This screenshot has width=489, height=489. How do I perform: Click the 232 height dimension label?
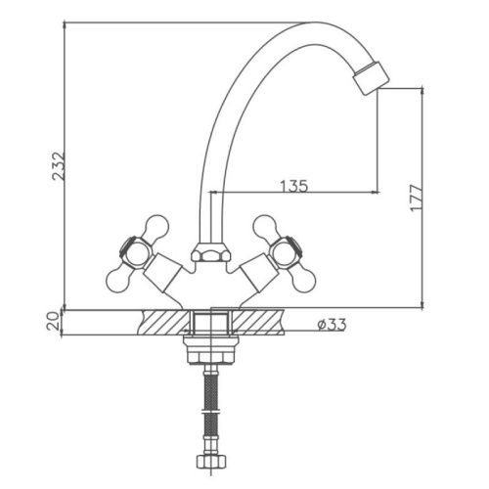[x=60, y=165]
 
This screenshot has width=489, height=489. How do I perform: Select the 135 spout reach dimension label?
[x=293, y=186]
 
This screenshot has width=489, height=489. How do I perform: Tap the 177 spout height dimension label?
[x=417, y=198]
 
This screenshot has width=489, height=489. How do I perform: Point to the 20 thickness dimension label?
[x=54, y=321]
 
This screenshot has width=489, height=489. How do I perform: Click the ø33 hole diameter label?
[x=332, y=325]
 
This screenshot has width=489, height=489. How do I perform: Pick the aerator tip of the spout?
[x=372, y=78]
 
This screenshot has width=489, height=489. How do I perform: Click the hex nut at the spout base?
[x=211, y=252]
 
